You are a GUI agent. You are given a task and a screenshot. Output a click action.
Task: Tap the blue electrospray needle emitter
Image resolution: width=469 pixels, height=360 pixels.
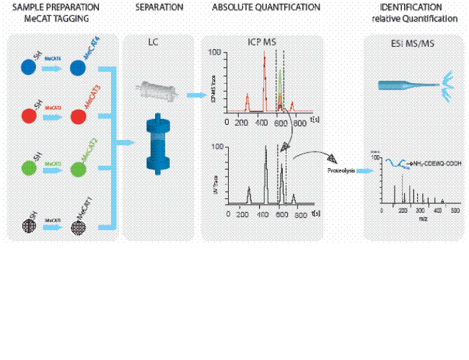click(411, 84)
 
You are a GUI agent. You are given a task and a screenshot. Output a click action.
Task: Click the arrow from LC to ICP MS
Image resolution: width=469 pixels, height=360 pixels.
click(193, 95)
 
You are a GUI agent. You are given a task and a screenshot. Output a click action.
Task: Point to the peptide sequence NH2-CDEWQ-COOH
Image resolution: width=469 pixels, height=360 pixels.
click(431, 164)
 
